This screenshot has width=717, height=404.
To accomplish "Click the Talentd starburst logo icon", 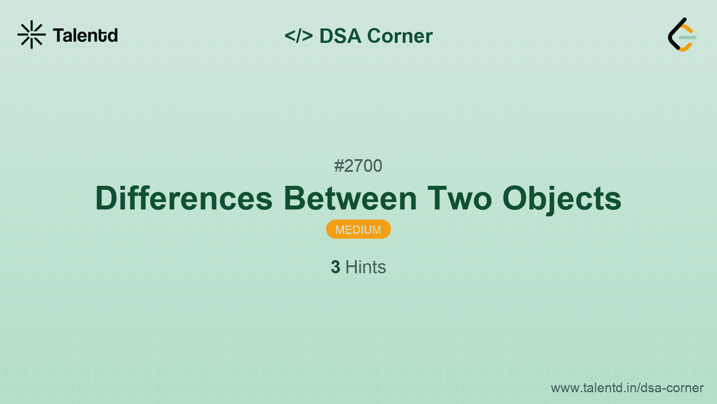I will click(31, 35).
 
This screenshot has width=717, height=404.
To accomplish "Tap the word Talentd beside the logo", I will click(85, 35).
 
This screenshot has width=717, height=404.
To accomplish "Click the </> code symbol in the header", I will click(299, 36).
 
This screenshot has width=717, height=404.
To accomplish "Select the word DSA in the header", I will click(340, 36).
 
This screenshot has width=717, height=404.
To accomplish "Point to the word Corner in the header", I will click(400, 36).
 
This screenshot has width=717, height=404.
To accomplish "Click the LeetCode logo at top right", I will click(682, 35).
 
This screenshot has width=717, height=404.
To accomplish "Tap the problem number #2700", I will click(358, 166).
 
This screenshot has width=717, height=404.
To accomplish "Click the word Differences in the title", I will click(184, 199).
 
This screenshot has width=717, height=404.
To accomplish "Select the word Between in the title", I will click(350, 199).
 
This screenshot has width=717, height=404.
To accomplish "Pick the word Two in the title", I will click(459, 199).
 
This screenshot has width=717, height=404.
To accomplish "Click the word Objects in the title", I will click(562, 199).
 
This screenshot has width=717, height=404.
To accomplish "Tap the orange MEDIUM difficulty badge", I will click(358, 230).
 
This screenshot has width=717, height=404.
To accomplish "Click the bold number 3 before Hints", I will click(335, 267).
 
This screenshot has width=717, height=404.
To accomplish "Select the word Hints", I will click(365, 267).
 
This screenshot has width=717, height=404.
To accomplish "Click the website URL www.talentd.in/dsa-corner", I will click(627, 388).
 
